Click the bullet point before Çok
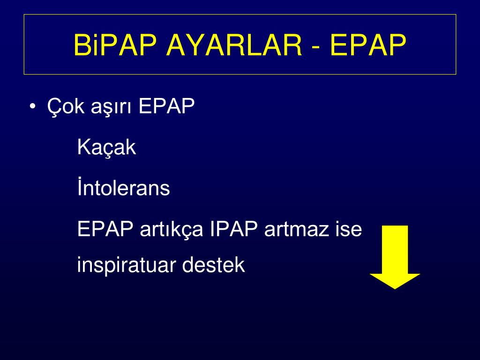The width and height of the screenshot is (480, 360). coord(32,106)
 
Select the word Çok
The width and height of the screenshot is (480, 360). coord(66,107)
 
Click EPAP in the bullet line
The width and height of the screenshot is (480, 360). coord(166,106)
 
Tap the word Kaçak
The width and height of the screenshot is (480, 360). coord(106,148)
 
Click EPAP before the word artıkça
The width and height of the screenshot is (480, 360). coord(105,228)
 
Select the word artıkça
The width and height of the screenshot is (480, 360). coord(172,229)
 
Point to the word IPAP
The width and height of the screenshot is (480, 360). coord(234,228)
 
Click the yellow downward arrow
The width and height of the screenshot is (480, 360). coord(395,257)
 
